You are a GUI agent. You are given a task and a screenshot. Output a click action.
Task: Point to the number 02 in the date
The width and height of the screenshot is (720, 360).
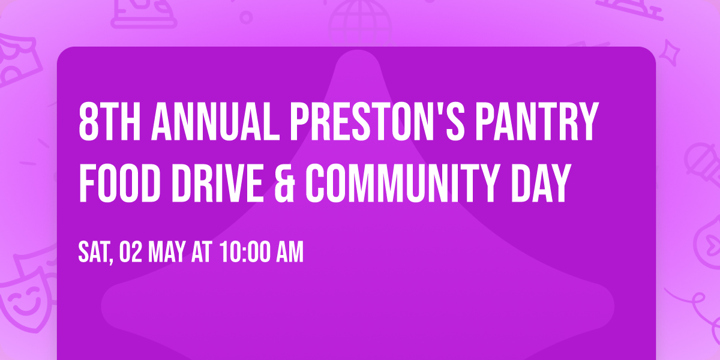coord(129,253)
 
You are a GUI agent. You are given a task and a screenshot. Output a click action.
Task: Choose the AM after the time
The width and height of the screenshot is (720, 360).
coord(288,253)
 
